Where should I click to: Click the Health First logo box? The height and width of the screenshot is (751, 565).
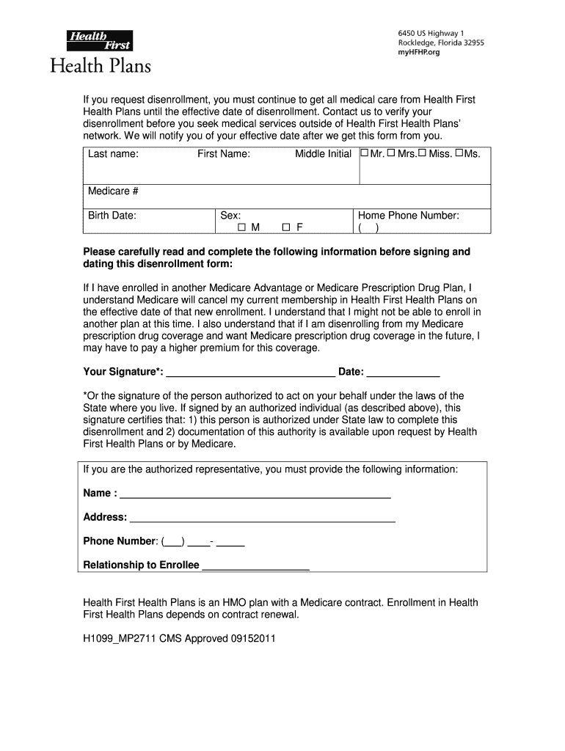(99, 41)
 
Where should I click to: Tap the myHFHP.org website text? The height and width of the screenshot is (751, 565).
(419, 53)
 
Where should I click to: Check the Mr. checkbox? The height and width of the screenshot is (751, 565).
(364, 154)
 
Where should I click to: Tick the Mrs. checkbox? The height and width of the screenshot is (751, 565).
(391, 154)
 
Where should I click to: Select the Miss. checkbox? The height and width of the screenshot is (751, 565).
(423, 154)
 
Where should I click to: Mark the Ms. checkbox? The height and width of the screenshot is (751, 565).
(459, 154)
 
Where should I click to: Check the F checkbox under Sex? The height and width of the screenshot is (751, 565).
(287, 227)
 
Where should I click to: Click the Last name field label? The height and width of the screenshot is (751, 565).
(113, 154)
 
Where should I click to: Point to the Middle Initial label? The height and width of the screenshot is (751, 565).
(323, 154)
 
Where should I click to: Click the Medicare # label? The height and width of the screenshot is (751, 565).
(113, 191)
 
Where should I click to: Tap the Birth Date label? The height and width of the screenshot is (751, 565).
(112, 216)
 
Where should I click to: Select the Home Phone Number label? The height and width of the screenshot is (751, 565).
(408, 216)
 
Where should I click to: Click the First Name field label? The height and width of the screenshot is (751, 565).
(223, 154)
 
